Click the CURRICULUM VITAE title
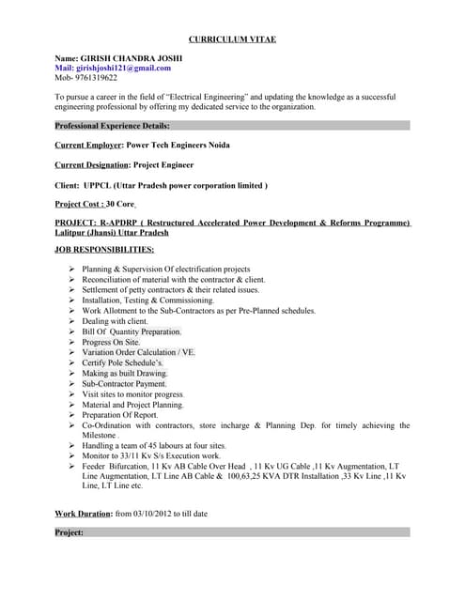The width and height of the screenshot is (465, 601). [232, 39]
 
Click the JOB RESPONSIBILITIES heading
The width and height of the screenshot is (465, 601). [104, 250]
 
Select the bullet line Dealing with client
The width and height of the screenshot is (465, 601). [116, 321]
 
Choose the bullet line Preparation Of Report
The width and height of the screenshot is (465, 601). [120, 414]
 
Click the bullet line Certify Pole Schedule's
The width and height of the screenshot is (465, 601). [122, 362]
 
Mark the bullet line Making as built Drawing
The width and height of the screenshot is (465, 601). [125, 373]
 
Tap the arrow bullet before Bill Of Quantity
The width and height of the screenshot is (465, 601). [72, 331]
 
